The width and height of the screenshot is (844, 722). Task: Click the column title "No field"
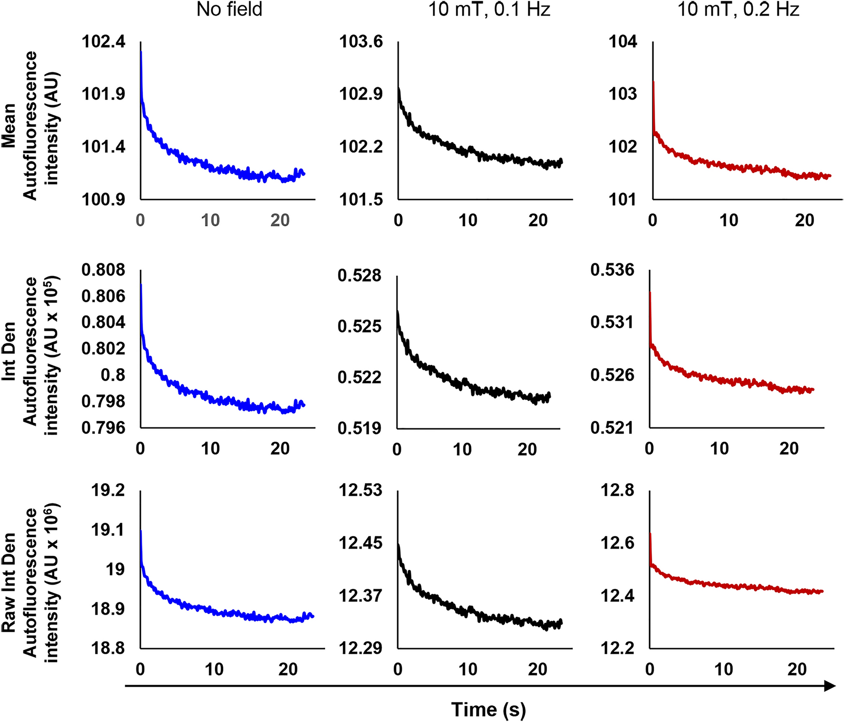click(229, 10)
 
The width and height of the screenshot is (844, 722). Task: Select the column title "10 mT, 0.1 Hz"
click(489, 10)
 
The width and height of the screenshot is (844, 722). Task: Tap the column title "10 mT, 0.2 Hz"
click(738, 10)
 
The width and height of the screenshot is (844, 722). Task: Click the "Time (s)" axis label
click(488, 710)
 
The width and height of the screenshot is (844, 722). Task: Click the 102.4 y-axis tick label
click(103, 41)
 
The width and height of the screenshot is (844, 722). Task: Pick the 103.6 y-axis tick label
click(361, 41)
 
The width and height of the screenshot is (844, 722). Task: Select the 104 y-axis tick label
click(623, 41)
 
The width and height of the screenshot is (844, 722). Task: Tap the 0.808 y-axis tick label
click(103, 270)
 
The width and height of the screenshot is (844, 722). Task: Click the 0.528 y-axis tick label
click(360, 276)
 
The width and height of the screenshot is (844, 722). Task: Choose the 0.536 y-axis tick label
click(612, 270)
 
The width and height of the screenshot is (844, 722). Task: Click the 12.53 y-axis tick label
click(360, 490)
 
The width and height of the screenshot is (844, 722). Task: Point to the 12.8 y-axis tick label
click(618, 490)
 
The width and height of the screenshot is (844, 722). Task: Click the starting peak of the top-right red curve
click(653, 83)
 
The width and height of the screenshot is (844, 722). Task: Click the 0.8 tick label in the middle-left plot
click(113, 375)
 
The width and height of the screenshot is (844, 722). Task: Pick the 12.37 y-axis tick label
click(360, 596)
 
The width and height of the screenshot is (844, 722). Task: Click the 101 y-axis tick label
click(623, 199)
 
